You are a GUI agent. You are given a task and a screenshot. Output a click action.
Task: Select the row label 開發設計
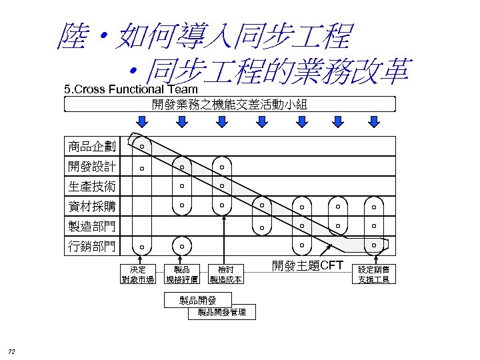coord(91,167)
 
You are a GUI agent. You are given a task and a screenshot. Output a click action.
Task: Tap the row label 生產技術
coord(91,187)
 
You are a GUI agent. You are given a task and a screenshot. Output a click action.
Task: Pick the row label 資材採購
coord(91,207)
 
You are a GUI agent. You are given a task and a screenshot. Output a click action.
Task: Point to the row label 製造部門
coord(91,227)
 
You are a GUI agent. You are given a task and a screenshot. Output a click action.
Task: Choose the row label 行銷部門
coord(91,247)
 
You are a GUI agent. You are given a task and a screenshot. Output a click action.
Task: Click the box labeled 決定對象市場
coord(138,274)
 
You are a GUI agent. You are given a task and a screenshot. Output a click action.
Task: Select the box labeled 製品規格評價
coord(181,274)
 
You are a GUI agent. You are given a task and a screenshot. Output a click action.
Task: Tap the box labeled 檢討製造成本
coord(225,274)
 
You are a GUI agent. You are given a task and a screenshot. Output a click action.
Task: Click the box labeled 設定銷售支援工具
coord(374,274)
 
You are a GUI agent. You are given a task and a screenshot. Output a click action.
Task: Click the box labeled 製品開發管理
coord(217,312)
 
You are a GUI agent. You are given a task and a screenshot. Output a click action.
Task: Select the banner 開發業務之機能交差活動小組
coord(229,104)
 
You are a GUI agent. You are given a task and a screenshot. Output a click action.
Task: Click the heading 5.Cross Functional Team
coord(130,89)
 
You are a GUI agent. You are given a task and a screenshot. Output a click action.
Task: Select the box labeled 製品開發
coord(197,300)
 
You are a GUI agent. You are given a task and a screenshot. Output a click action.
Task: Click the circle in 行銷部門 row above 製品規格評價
coord(181,247)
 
